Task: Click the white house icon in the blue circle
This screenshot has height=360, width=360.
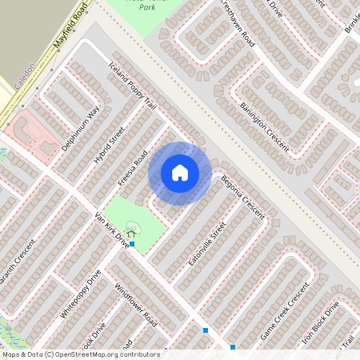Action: click(179, 173)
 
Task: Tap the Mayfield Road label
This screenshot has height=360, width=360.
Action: click(69, 26)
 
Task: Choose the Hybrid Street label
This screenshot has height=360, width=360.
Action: click(110, 145)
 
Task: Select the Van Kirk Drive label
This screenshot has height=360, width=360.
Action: click(110, 230)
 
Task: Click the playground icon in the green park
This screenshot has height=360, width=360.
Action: click(130, 228)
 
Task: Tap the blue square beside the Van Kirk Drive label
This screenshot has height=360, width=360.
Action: click(132, 243)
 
